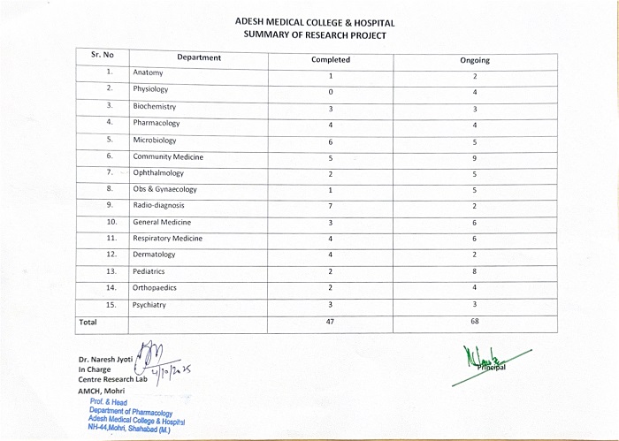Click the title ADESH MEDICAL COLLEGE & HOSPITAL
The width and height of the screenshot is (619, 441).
(x=315, y=22)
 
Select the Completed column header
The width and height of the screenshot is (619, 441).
(x=331, y=60)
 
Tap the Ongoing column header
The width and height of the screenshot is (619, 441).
(x=475, y=60)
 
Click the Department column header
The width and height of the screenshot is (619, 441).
(x=199, y=58)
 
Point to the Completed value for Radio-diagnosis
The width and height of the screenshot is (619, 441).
(x=330, y=206)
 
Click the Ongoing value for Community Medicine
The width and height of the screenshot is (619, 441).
(x=475, y=158)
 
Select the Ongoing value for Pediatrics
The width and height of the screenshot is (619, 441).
(x=475, y=272)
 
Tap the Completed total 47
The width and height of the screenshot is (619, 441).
(x=330, y=323)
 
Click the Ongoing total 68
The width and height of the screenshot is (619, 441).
(x=475, y=323)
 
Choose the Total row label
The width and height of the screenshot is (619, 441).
(x=88, y=323)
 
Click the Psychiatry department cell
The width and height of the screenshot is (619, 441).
(x=149, y=305)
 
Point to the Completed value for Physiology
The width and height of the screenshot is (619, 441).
(x=330, y=92)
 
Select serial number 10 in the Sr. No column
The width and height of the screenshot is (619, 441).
(x=111, y=222)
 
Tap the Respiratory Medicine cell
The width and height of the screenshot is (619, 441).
(x=167, y=239)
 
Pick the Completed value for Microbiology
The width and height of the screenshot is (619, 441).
(x=330, y=141)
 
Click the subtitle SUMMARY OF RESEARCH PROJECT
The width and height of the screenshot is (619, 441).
(x=315, y=35)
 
